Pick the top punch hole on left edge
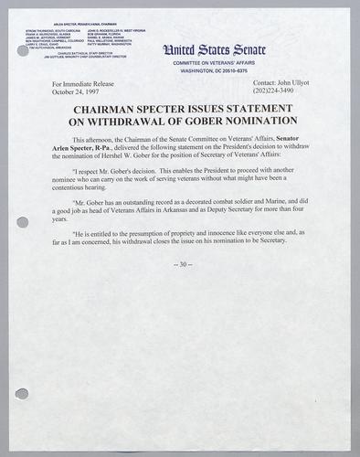pyautogui.click(x=23, y=51)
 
